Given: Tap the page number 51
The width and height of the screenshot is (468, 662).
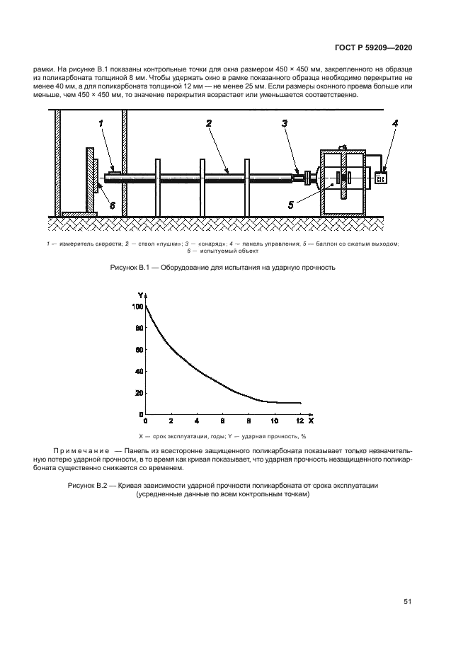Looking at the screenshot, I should click(x=408, y=602).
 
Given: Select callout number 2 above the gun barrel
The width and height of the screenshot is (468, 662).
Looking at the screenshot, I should click(x=209, y=123).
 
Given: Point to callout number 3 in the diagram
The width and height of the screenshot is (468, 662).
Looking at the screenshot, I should click(x=284, y=123).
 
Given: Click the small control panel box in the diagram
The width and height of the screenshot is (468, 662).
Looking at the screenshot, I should click(x=381, y=178).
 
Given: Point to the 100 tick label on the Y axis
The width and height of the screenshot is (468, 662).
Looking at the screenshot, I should click(x=137, y=307).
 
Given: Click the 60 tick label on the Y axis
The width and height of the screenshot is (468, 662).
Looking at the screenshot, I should click(x=139, y=350).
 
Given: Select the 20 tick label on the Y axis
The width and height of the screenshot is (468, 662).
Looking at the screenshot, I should click(x=139, y=393).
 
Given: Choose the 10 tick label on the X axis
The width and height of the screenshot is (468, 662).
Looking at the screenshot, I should click(x=273, y=422).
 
